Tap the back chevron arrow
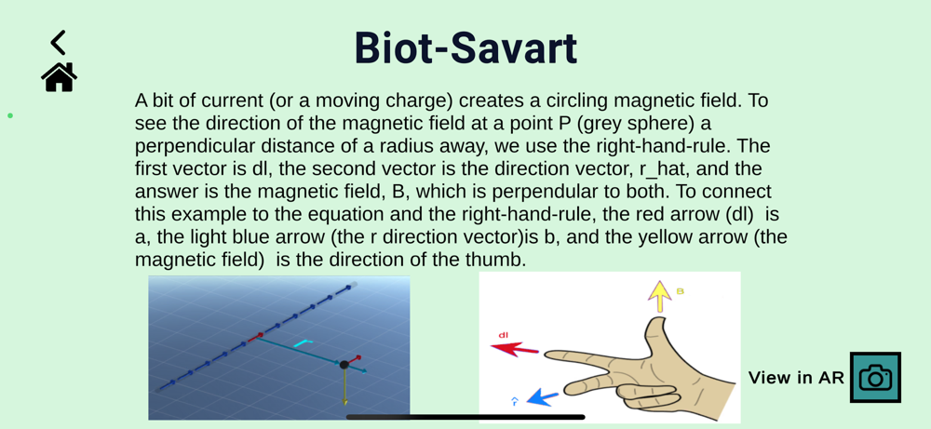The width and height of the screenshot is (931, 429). pyautogui.click(x=58, y=42)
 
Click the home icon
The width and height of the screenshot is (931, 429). pyautogui.click(x=59, y=77)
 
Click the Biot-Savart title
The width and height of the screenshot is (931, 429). pyautogui.click(x=465, y=48)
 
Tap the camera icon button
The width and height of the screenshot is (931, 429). pyautogui.click(x=875, y=378)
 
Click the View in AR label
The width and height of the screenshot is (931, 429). pyautogui.click(x=796, y=378)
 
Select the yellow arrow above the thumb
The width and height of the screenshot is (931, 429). pyautogui.click(x=658, y=296)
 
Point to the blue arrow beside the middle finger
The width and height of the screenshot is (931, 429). pyautogui.click(x=543, y=396)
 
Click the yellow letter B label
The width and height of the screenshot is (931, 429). pyautogui.click(x=681, y=291)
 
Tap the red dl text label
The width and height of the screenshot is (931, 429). pyautogui.click(x=503, y=335)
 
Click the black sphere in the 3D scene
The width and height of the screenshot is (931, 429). pyautogui.click(x=344, y=365)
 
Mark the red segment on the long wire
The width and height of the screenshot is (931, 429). pyautogui.click(x=254, y=338)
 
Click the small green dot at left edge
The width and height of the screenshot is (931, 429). pyautogui.click(x=10, y=115)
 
